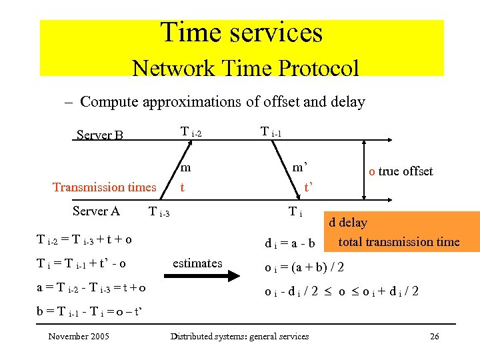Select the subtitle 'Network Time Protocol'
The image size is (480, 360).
[245, 67]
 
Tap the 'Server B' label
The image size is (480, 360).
[100, 135]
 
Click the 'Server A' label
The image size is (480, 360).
[96, 211]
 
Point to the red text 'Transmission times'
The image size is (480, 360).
[104, 187]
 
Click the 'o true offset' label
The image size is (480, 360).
[401, 171]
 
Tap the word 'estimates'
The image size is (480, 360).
[197, 263]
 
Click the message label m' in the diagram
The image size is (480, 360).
[299, 166]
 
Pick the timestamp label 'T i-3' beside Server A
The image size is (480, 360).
[159, 213]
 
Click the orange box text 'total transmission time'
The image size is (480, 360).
[399, 241]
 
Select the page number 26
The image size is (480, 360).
[434, 336]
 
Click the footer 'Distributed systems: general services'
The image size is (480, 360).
[240, 336]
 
